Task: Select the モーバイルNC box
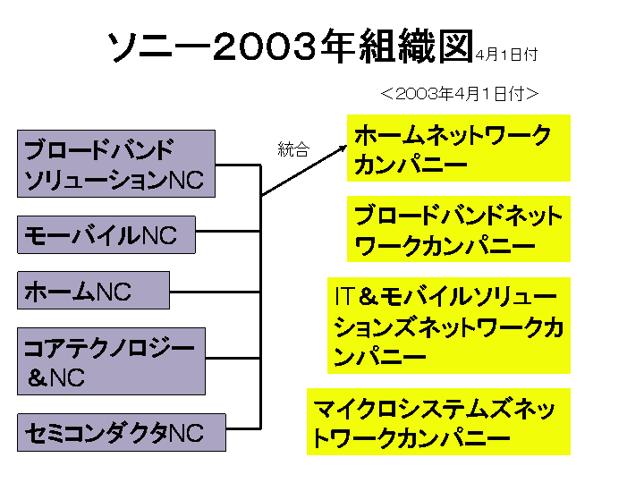[106, 235]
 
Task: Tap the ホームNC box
[93, 290]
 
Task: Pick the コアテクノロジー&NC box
[111, 361]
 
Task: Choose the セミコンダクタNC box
[121, 433]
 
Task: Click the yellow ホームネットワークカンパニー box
[458, 149]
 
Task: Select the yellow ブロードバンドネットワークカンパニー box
[458, 230]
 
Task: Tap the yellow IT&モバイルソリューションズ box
[449, 326]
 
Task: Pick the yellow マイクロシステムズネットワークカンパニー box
[438, 422]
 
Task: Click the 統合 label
[293, 149]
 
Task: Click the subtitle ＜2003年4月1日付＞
[458, 93]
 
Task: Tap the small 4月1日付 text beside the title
[506, 55]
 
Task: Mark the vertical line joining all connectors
[260, 295]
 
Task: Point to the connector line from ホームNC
[215, 291]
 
